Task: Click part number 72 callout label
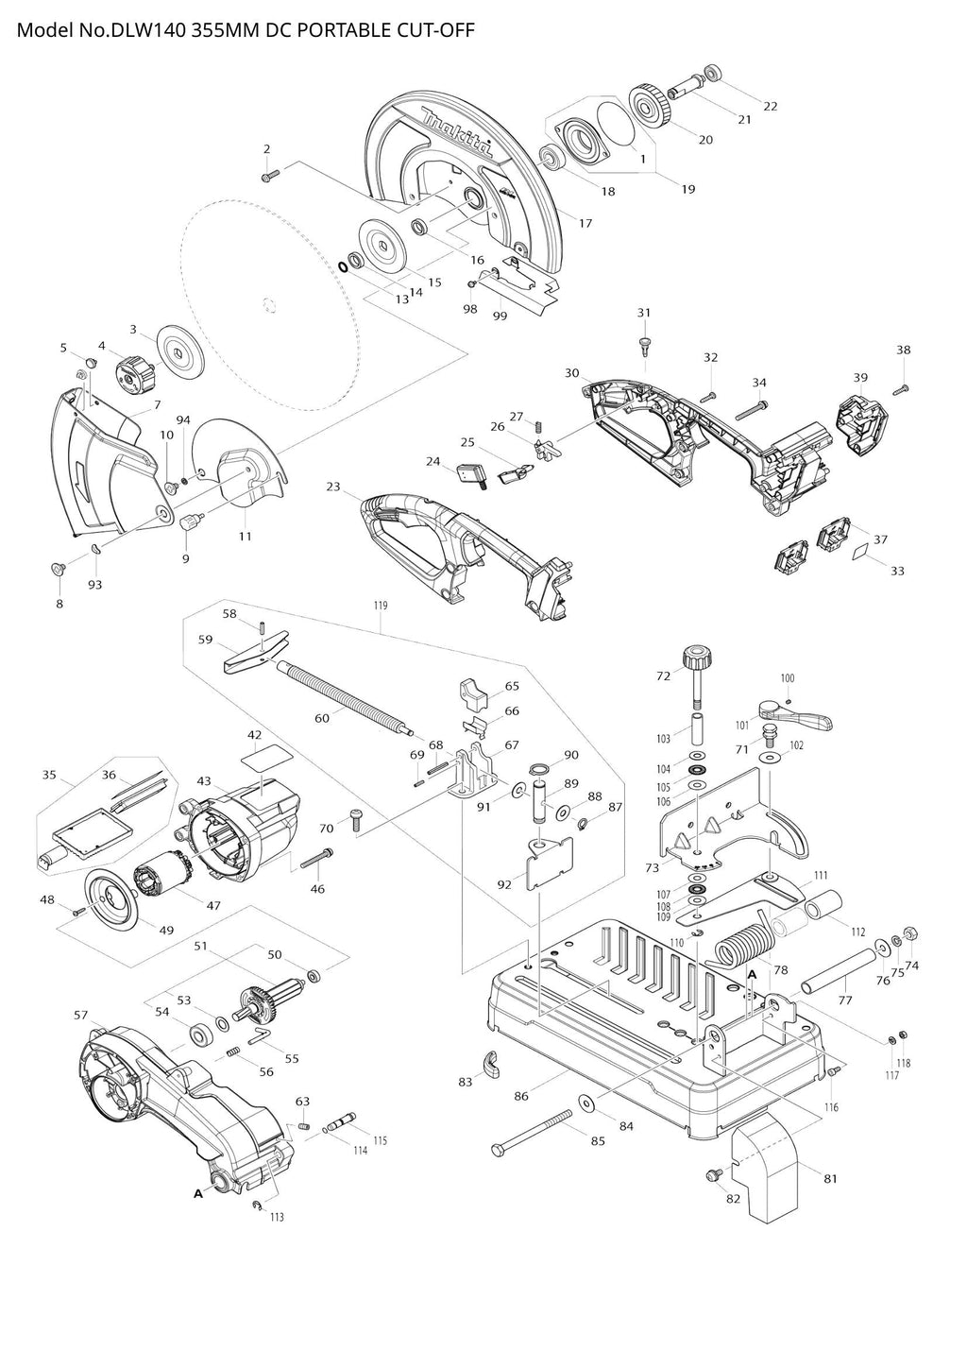coord(663,675)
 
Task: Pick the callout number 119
coord(380,605)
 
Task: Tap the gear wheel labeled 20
coord(651,105)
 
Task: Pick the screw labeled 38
coord(900,387)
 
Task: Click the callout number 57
coord(81,1016)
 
